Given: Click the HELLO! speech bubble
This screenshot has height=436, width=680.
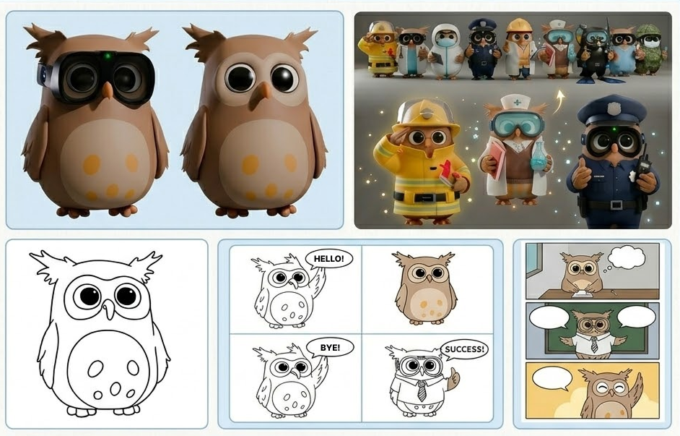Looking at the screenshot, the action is pos(328,259).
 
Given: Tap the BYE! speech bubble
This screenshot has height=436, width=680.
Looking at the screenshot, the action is pos(330,347).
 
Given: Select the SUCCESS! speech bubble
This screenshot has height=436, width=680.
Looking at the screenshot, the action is pos(464,349).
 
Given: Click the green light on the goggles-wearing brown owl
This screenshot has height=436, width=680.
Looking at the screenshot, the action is pos(107,55).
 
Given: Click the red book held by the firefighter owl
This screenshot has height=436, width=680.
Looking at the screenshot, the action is pos(446,172).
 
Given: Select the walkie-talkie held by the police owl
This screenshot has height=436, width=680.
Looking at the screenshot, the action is pos(644,166).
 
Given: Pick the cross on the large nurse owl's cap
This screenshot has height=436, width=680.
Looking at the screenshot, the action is pos(517,103).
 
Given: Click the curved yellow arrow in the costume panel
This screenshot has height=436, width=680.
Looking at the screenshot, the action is pos(561,101).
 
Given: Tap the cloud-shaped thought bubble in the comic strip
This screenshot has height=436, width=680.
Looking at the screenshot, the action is pos(627,257).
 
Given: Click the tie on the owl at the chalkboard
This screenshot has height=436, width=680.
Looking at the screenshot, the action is pos(594,345).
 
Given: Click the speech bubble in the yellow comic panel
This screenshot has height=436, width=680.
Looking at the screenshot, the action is pos(552,378).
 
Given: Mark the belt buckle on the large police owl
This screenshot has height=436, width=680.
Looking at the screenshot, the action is pos(616,205).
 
